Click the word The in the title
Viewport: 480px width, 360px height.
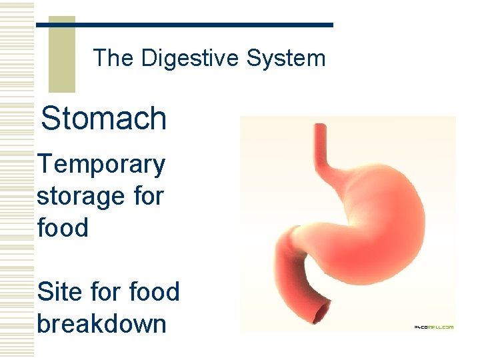click(113, 59)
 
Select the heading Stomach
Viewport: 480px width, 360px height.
click(103, 119)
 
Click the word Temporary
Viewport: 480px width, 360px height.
click(101, 165)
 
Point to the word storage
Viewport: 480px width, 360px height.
click(78, 197)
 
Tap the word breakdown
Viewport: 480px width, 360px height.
click(101, 324)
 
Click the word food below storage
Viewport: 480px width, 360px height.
click(63, 228)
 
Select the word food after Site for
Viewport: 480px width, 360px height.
click(154, 291)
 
